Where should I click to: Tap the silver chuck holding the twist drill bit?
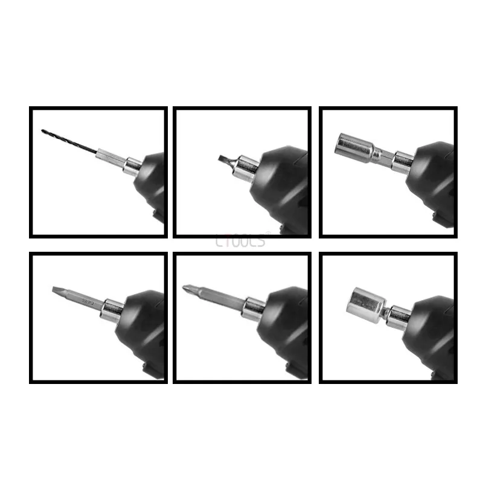coord(131,165)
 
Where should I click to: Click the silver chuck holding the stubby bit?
coord(246,165)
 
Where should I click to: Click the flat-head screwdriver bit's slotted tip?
coord(56,289)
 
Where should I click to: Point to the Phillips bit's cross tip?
coord(188,288)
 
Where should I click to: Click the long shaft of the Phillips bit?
coord(217,297)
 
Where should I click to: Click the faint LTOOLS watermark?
coord(240,241)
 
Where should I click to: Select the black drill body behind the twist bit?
coord(152,184)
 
